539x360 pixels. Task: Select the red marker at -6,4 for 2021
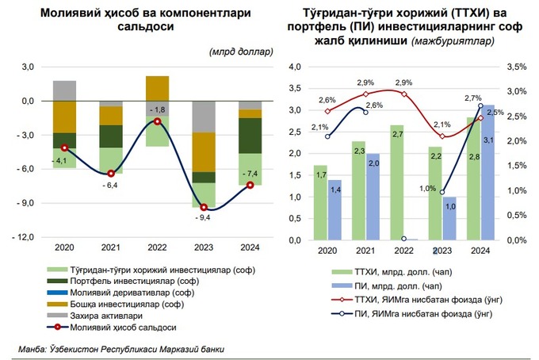click(111, 173)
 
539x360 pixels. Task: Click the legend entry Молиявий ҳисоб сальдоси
click(122, 326)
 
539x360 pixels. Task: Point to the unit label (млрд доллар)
click(242, 52)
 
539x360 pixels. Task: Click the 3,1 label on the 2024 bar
click(489, 140)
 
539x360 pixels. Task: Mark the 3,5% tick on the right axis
click(515, 68)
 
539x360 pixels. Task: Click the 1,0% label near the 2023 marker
click(426, 189)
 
